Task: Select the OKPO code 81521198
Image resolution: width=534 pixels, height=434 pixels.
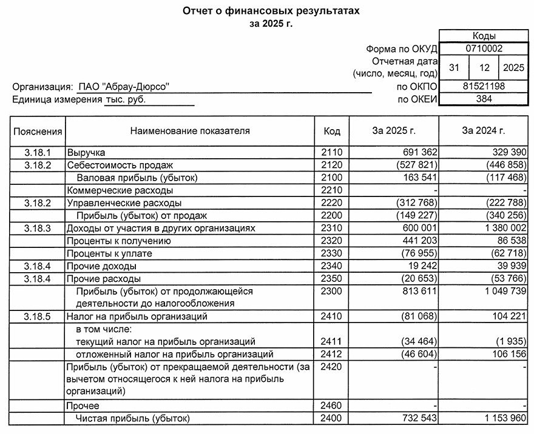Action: [x=484, y=87]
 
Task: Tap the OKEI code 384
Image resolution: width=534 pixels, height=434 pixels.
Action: [x=484, y=99]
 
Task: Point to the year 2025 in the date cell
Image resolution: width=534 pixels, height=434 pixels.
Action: [x=513, y=68]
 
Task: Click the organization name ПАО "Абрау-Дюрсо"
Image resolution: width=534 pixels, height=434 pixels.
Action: [x=124, y=87]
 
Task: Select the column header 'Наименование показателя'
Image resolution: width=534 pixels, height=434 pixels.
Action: [x=189, y=130]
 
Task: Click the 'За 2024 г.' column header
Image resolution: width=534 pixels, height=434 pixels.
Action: [x=483, y=130]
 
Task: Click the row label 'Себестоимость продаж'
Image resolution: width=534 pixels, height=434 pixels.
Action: [x=120, y=165]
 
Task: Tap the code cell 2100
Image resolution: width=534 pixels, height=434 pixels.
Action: [x=332, y=178]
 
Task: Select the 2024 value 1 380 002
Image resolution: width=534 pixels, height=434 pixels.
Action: [x=499, y=228]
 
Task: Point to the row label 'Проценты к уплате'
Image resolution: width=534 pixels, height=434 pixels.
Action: [x=109, y=253]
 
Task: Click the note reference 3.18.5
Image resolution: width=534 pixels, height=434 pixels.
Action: [x=38, y=316]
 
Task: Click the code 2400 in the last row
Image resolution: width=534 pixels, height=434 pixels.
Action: [x=332, y=418]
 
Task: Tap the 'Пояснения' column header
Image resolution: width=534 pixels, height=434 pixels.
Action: [x=38, y=130]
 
